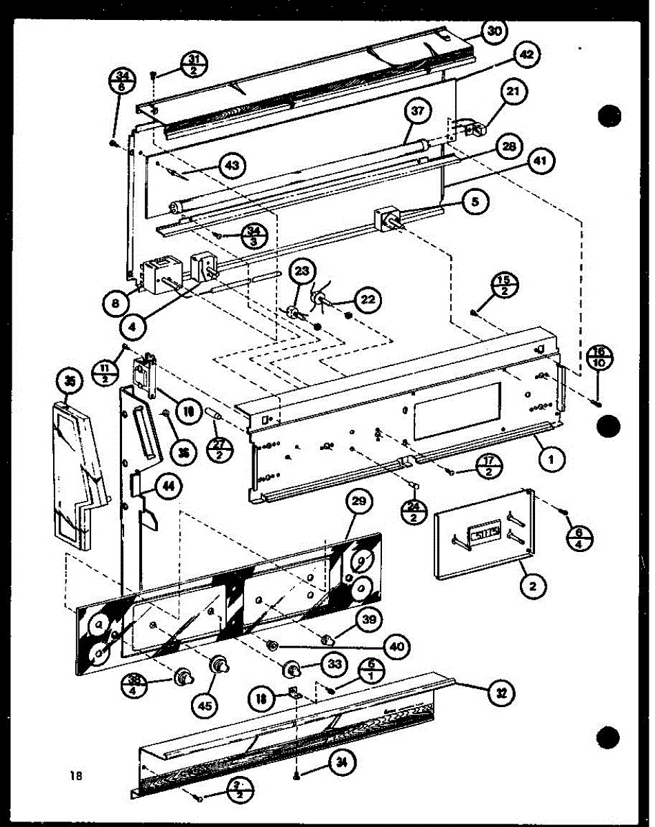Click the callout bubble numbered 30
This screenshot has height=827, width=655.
(x=494, y=31)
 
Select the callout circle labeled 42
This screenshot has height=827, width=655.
(x=527, y=57)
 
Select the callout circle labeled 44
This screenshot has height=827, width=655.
(x=168, y=487)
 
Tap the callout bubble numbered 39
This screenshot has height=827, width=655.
(x=370, y=620)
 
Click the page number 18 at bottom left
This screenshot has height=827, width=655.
(x=76, y=775)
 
